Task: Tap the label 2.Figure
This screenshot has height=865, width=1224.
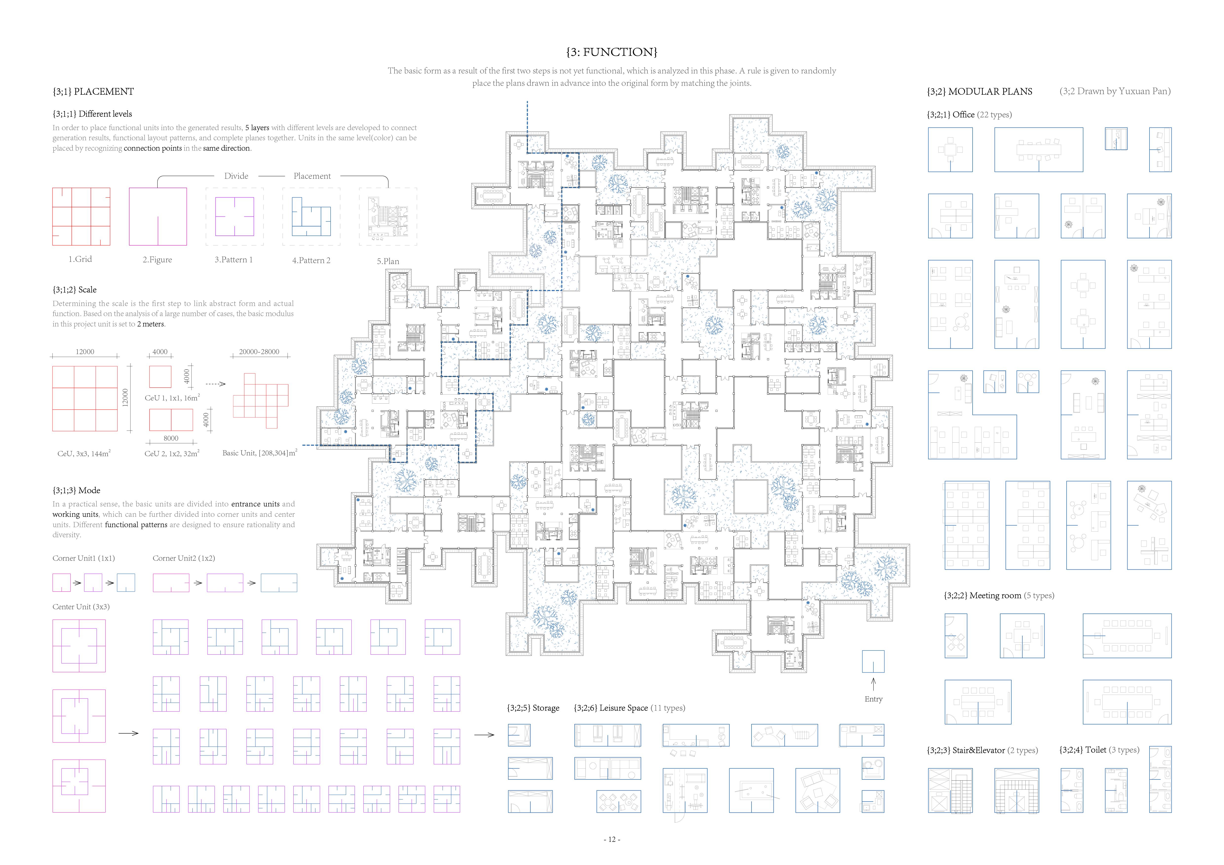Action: (x=157, y=260)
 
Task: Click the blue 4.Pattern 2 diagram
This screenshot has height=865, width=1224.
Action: (x=311, y=217)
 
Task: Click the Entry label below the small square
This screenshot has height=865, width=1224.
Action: (x=873, y=699)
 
